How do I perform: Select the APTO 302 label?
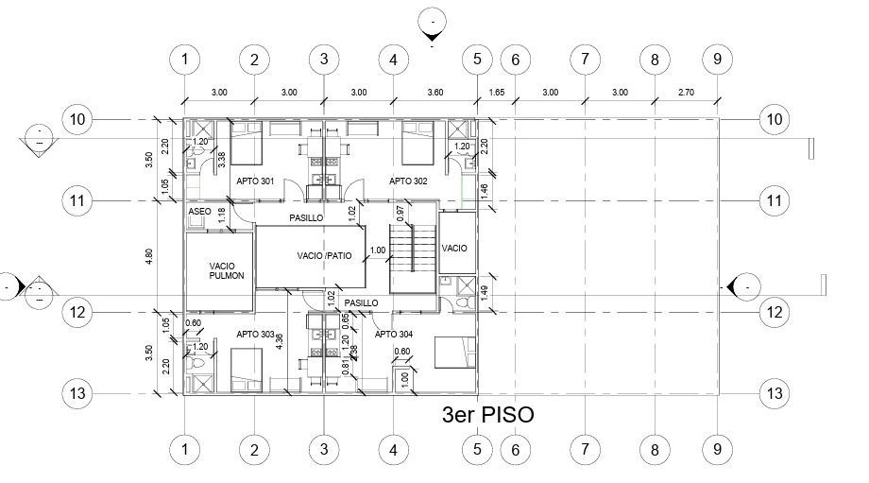(409, 181)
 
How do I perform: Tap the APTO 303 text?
(255, 335)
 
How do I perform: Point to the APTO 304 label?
(393, 335)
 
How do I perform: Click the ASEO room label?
(198, 212)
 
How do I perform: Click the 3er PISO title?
(487, 414)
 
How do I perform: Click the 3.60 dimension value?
(434, 93)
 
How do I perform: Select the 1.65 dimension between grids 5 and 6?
(496, 93)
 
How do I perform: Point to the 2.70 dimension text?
(686, 93)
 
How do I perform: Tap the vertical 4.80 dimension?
(148, 256)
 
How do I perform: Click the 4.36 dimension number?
(280, 341)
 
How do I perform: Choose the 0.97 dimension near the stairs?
(400, 214)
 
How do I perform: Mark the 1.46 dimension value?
(485, 190)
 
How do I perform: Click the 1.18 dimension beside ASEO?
(222, 215)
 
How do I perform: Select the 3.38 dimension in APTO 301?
(222, 162)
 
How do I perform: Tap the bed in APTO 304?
(453, 354)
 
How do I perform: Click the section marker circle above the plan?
(433, 21)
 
